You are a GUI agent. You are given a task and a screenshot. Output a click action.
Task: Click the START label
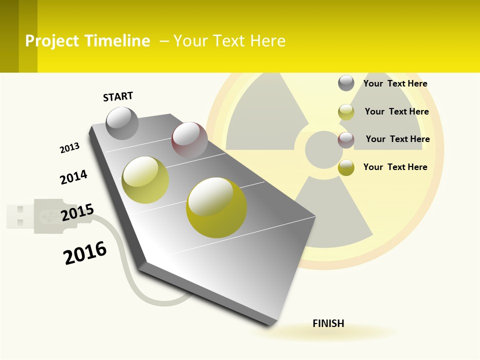point(118,96)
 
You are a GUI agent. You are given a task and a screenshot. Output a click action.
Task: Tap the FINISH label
point(328,323)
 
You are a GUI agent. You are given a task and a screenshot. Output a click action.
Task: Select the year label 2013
point(69,147)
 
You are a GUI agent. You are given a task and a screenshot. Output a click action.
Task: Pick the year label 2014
point(73,177)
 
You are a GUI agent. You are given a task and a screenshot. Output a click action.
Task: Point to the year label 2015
point(77,212)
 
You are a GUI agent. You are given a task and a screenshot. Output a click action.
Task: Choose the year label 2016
point(85,253)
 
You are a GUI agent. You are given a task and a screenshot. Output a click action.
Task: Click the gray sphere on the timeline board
point(122,123)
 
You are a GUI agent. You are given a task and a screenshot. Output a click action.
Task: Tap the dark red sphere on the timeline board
point(189,139)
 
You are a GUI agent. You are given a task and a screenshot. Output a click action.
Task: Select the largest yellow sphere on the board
point(216,207)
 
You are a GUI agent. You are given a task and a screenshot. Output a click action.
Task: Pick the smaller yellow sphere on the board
point(145,180)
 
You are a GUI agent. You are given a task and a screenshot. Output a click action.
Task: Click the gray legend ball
point(346,83)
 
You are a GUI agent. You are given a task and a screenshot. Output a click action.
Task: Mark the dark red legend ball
point(346,140)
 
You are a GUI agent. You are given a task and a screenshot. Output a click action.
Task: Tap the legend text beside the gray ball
point(395,83)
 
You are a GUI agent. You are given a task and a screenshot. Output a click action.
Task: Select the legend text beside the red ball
point(397,139)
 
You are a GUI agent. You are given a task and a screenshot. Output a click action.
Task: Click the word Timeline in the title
point(117,41)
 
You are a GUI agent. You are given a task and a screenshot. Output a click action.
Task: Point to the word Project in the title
point(52,41)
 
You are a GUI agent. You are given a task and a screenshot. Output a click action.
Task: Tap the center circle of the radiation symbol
point(323,149)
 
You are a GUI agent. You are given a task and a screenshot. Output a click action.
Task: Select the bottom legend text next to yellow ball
point(395,167)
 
